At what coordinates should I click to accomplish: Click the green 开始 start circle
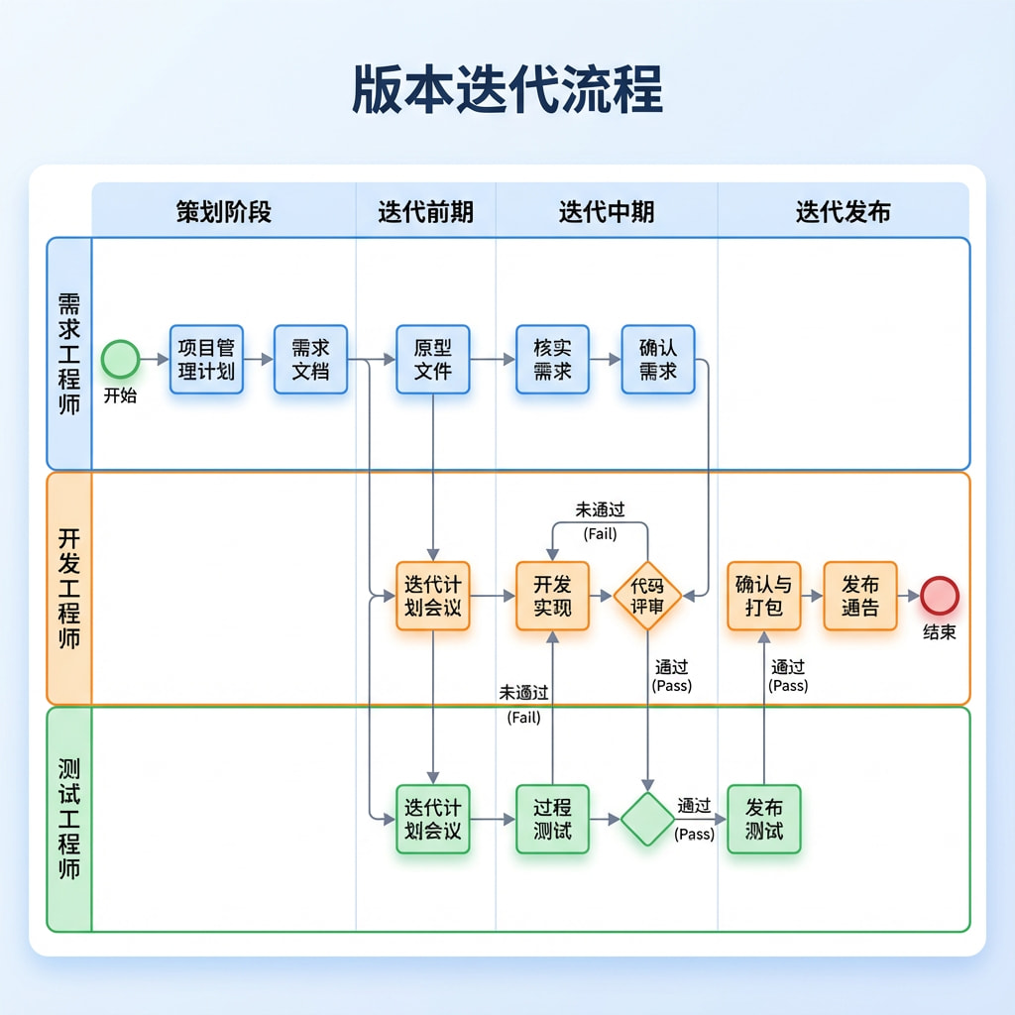coord(120,359)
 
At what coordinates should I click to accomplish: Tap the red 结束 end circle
coord(940,595)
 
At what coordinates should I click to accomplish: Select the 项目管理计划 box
coord(206,359)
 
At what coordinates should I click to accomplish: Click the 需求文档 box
coord(310,359)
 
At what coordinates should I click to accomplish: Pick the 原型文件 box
coord(433,359)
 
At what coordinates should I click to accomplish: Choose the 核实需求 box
coord(552,359)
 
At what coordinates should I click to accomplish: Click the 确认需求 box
coord(658,359)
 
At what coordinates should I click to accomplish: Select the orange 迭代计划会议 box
coord(433,596)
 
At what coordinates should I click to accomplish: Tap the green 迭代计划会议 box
coord(433,819)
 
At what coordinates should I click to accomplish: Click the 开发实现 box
coord(552,596)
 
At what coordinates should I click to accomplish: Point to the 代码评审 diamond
coord(647,596)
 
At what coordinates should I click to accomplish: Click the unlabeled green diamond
coord(647,819)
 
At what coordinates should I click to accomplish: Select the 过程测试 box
coord(552,819)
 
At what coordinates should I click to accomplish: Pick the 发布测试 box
coord(764,819)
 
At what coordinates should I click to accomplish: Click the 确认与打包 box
coord(764,596)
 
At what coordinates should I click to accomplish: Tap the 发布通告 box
coord(860,596)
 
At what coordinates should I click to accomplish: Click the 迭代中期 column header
coord(607,212)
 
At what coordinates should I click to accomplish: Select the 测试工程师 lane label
coord(69,819)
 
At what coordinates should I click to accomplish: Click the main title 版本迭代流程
coord(507,88)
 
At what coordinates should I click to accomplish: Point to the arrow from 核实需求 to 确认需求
coord(606,359)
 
